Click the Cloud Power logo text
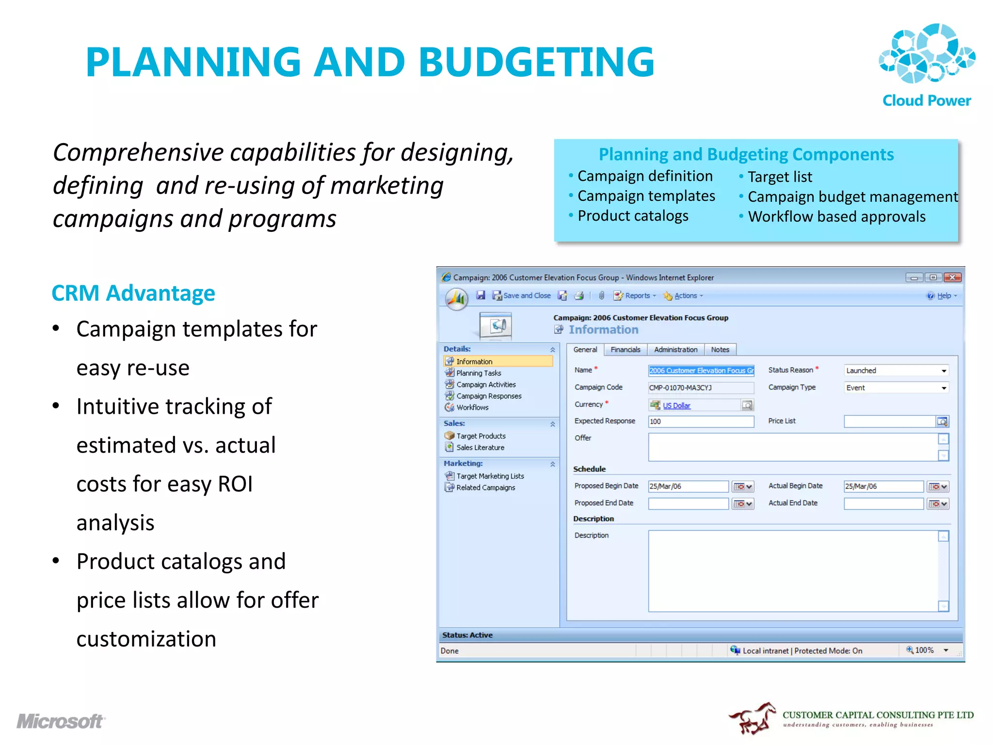(926, 100)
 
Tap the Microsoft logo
(61, 721)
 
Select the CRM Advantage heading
(133, 293)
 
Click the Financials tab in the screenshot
(625, 350)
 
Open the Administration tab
(675, 350)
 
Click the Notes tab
(720, 350)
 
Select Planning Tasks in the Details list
(479, 373)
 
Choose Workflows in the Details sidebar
(472, 407)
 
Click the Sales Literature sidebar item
(480, 448)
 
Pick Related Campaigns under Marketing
(485, 488)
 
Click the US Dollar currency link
(676, 405)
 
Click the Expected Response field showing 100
(701, 421)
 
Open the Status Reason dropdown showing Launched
(896, 371)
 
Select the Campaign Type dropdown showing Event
(896, 388)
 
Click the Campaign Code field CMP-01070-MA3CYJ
(701, 388)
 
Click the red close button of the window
(952, 277)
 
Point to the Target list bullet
(779, 177)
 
